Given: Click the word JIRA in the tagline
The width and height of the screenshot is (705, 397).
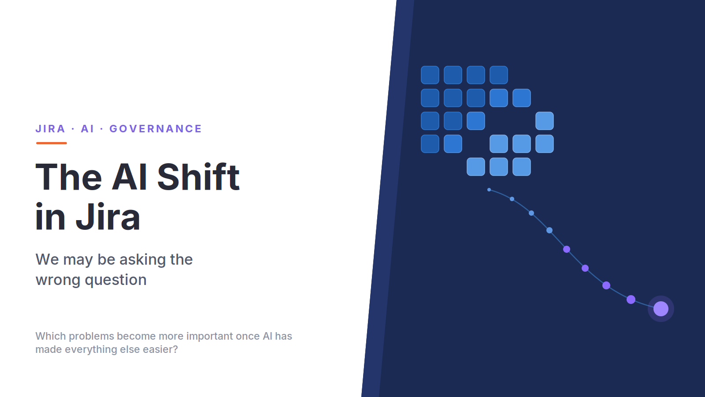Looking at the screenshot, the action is [50, 128].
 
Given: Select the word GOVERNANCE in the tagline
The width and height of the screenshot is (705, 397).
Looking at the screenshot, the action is [156, 128].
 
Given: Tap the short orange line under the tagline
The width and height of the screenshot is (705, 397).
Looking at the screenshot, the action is [51, 143].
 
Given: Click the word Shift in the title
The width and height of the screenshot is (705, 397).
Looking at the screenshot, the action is [198, 177].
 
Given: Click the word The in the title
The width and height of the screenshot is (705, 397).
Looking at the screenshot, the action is [69, 177].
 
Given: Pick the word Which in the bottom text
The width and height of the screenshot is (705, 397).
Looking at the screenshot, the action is [51, 336].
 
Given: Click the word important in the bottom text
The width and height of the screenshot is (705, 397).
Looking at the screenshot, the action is [210, 337].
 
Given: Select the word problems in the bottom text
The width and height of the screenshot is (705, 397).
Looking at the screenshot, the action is [91, 337].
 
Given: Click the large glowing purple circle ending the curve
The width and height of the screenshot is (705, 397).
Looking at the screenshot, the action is [660, 309].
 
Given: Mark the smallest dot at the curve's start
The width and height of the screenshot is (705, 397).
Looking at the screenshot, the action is [489, 190].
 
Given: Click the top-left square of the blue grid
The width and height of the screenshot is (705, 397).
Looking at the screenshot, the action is [430, 75].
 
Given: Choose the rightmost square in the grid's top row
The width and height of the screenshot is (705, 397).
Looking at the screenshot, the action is [498, 75].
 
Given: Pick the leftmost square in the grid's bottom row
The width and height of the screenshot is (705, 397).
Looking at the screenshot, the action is [475, 167].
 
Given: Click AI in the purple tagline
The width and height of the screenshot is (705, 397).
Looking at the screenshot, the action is [88, 128].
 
